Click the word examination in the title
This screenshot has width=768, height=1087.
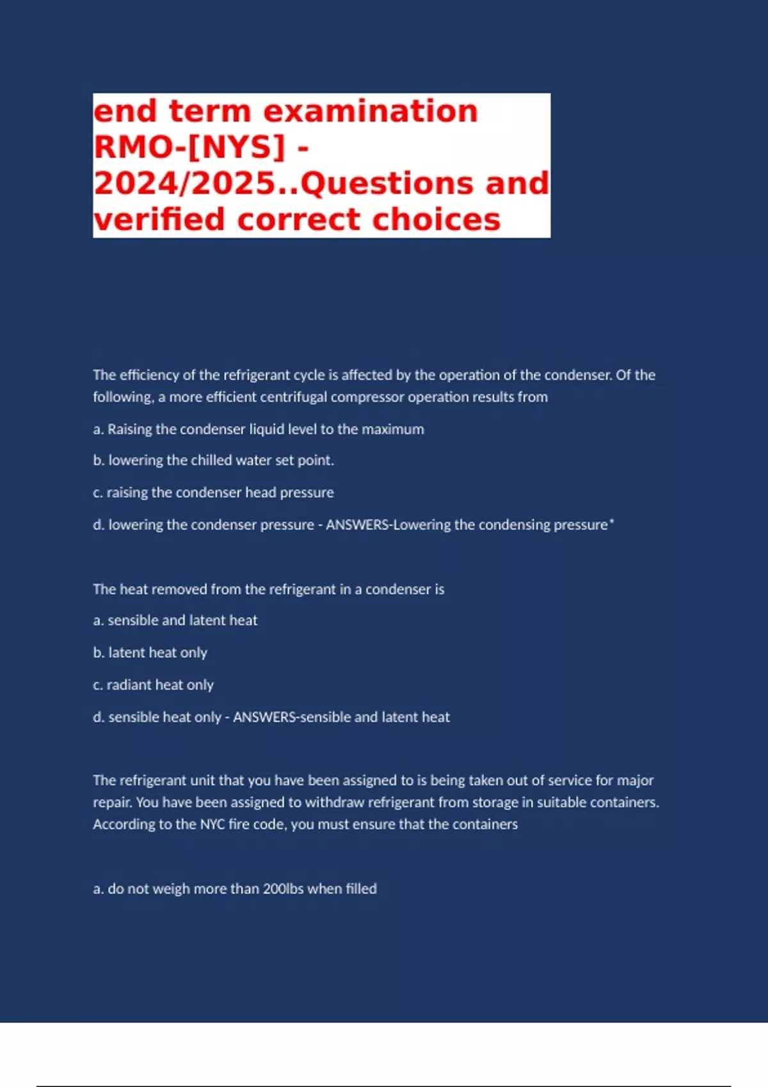click(x=371, y=112)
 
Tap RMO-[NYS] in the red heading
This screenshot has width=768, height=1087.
click(x=189, y=148)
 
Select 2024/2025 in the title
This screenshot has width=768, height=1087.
click(x=184, y=184)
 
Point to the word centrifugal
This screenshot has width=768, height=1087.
click(x=291, y=397)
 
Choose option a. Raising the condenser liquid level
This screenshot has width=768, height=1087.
click(x=259, y=429)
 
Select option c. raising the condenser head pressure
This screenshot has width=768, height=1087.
click(x=213, y=492)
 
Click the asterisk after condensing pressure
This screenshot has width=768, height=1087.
click(x=612, y=522)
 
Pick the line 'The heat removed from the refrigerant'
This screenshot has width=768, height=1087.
click(x=268, y=589)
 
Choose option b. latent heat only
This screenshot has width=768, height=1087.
click(x=150, y=653)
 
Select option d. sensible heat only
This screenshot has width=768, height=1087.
click(x=157, y=717)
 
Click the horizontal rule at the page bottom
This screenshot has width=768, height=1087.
click(x=384, y=1086)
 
